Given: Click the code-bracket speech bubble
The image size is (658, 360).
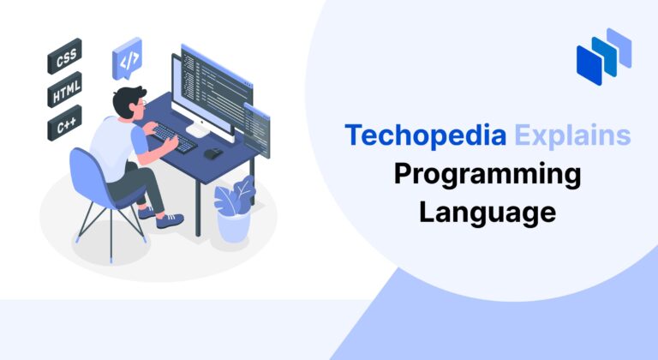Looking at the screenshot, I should [127, 60].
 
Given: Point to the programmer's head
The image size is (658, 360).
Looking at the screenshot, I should [131, 99].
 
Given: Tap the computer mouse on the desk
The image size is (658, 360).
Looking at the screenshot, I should [211, 153].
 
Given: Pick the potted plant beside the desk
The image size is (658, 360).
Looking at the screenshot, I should [233, 210].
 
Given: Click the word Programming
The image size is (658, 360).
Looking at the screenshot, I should [487, 174].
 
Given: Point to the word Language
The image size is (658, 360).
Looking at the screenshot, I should [487, 211].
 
